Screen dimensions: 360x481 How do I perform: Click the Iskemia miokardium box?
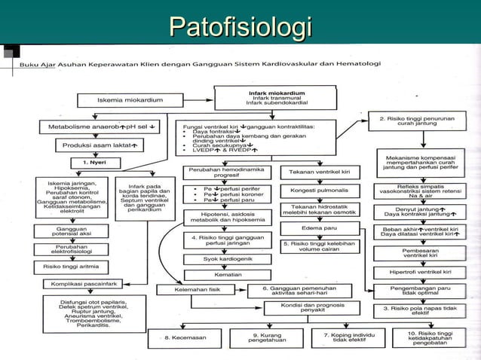tap(127, 99)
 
